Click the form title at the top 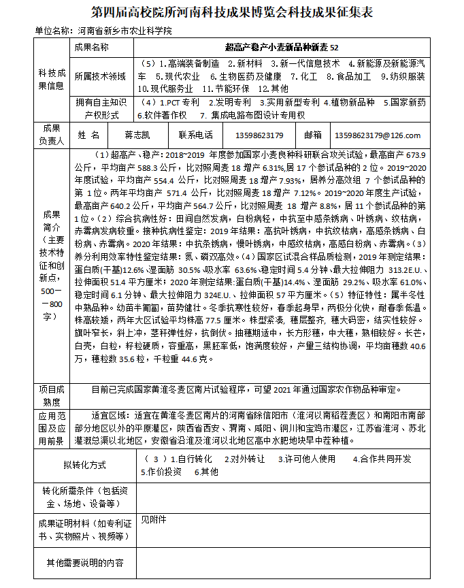[x=232, y=14]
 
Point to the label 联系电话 [x=195, y=135]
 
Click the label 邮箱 [x=313, y=135]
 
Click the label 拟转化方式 [x=84, y=465]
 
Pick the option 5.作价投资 [x=161, y=471]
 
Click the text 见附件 [x=153, y=520]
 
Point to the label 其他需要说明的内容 [x=84, y=563]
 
